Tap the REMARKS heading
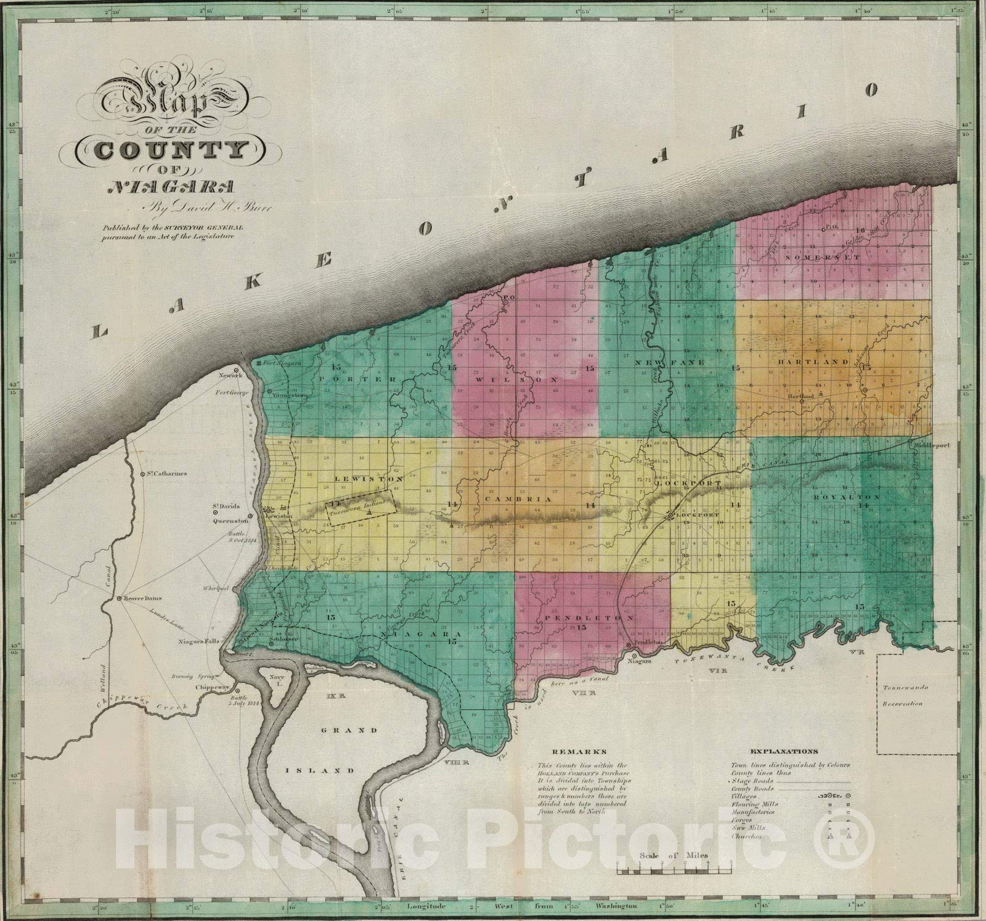pyautogui.click(x=572, y=752)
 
